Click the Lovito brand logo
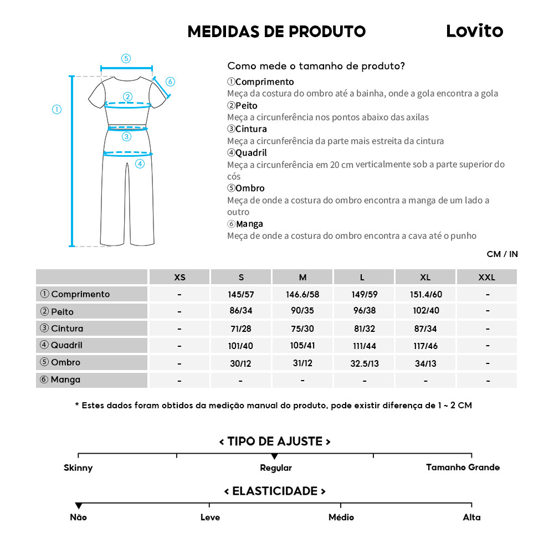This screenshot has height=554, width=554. click(x=474, y=31)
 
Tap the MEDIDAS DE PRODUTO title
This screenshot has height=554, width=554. click(x=276, y=32)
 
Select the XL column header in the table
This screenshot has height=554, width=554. click(x=425, y=277)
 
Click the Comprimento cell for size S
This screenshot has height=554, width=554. click(x=241, y=294)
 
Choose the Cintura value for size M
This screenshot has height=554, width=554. click(x=302, y=329)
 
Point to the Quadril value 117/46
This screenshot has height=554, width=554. click(x=425, y=346)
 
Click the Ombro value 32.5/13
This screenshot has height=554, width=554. click(x=364, y=363)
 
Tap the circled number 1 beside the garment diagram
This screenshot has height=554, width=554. click(x=57, y=109)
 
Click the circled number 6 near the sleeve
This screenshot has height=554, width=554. click(x=170, y=82)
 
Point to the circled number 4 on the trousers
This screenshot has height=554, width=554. click(x=140, y=163)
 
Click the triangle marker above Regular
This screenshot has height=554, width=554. click(x=274, y=456)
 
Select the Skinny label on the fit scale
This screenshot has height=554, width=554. click(x=78, y=468)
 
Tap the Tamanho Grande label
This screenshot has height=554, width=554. click(x=463, y=468)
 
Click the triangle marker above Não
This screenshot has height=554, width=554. click(x=79, y=506)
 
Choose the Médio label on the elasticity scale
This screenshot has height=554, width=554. click(x=341, y=517)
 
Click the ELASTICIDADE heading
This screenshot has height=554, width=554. click(x=275, y=491)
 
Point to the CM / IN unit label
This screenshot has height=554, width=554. click(x=502, y=254)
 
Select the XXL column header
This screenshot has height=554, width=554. click(x=486, y=277)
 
